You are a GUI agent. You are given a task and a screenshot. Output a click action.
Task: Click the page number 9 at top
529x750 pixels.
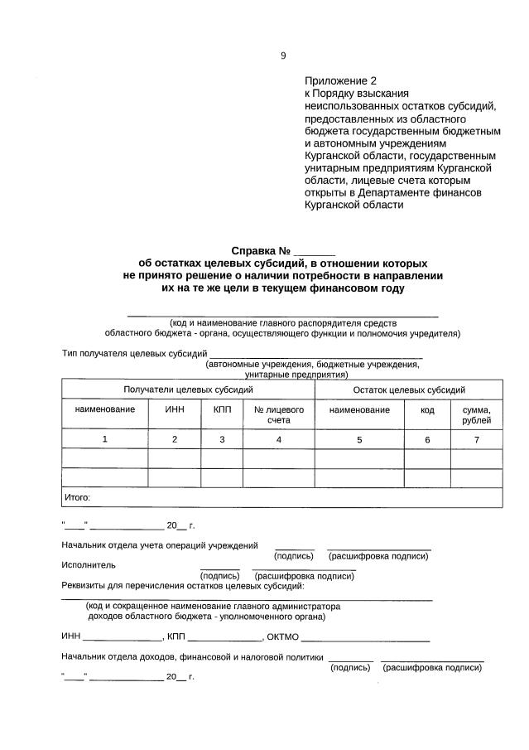coord(283,56)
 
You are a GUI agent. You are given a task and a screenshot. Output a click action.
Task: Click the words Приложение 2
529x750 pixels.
coord(340,80)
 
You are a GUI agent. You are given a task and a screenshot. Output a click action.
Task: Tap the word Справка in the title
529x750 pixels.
coord(254,250)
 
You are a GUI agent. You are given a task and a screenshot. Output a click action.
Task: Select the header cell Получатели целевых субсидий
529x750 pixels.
coord(188,390)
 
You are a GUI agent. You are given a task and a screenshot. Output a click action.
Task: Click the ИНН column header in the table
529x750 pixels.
coord(174,409)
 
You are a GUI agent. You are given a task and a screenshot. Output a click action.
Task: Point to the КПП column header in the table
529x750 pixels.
coord(222,409)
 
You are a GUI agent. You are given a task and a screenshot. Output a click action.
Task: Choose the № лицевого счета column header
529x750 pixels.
coord(278,415)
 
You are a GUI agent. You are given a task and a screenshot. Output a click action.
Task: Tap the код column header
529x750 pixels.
coord(427,409)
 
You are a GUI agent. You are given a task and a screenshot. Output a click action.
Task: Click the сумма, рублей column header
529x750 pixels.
coord(476,415)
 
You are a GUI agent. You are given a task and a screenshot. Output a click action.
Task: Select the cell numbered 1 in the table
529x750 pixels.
coord(104,439)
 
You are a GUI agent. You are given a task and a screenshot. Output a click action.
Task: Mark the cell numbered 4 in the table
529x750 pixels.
coord(278,439)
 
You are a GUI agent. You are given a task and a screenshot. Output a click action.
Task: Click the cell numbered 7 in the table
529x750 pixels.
coord(476,439)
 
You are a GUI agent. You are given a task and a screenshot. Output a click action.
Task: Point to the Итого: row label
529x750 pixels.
coord(77,497)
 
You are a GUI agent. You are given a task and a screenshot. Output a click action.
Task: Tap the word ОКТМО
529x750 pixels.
coord(283,636)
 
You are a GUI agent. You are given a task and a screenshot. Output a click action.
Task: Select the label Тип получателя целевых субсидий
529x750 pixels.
coord(134,353)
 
